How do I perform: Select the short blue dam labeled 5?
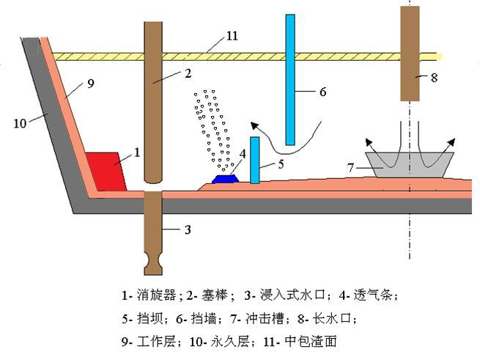click(x=254, y=160)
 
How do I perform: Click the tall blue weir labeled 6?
click(x=290, y=79)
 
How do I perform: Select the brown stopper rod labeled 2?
click(x=153, y=103)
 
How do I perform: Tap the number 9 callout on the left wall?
click(x=91, y=84)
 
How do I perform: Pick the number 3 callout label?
click(x=188, y=229)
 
